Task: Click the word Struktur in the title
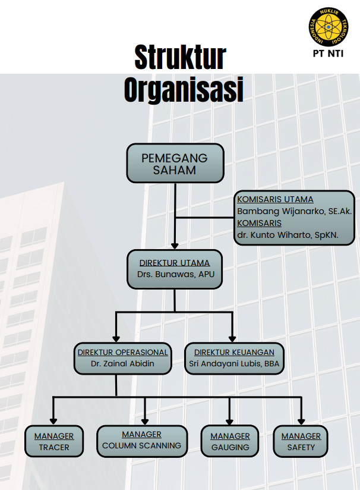click(180, 58)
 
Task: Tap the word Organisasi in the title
click(184, 90)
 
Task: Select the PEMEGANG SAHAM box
click(175, 164)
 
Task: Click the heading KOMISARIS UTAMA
click(275, 199)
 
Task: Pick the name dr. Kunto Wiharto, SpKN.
click(288, 235)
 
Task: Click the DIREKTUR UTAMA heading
click(175, 262)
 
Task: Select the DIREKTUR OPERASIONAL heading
click(122, 352)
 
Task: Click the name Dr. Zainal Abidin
click(122, 364)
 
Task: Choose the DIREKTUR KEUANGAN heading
click(233, 352)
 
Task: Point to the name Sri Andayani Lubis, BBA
click(233, 364)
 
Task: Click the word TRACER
click(54, 447)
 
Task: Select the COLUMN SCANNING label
click(141, 445)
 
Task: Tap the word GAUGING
click(230, 447)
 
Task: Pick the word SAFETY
click(301, 447)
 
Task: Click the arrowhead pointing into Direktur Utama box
click(175, 244)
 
